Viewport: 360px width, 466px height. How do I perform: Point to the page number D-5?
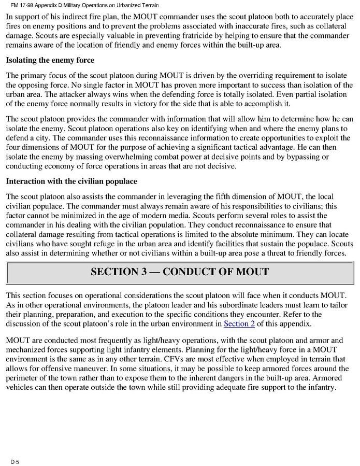tap(15, 461)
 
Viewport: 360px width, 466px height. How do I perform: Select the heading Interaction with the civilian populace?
tap(71, 182)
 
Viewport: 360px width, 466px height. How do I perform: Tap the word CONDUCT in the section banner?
tap(190, 272)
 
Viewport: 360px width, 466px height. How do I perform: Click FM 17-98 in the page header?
tap(23, 5)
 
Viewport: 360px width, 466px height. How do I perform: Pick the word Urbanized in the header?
tap(129, 5)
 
